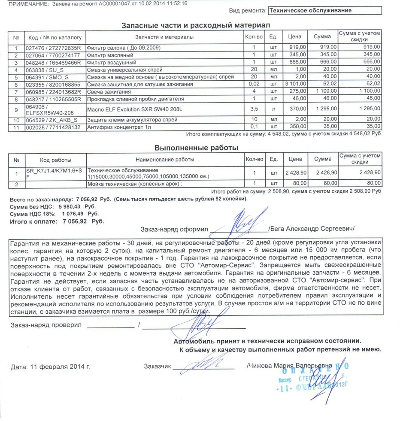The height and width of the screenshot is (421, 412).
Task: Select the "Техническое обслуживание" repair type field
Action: point(324,10)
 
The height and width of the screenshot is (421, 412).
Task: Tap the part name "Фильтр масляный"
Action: point(110,55)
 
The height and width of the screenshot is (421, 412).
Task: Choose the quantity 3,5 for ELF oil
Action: point(254,109)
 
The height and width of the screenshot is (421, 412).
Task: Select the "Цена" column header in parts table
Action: point(295,37)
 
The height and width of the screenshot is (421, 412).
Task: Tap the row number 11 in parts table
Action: point(17,127)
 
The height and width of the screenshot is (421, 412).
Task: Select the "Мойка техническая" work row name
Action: point(134,184)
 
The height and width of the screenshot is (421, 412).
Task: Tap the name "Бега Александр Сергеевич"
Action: point(311,229)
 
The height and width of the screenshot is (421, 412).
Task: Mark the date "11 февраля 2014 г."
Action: point(51,367)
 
